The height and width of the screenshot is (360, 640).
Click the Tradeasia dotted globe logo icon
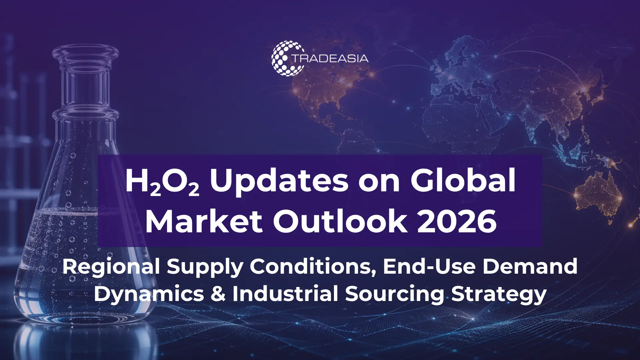coord(288,58)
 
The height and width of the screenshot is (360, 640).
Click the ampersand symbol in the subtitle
coord(218,294)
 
